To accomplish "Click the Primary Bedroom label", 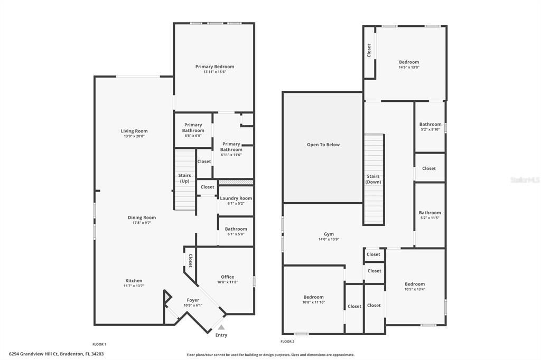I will click(x=214, y=67).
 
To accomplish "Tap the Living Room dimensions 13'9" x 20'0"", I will click(x=134, y=136).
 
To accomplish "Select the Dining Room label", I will click(x=142, y=217).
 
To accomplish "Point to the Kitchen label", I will click(x=134, y=281).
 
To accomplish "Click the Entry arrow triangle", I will click(x=221, y=327).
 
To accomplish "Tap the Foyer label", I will click(x=193, y=300).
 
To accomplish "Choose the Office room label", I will click(x=227, y=277).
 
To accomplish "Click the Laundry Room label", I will click(x=236, y=198).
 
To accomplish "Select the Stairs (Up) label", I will click(x=184, y=178).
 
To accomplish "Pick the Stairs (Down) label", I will click(x=374, y=179).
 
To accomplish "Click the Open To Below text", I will click(x=323, y=145).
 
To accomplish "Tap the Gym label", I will click(x=329, y=234).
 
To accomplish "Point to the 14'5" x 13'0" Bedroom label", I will click(x=408, y=62).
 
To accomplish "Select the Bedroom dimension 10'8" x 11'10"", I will click(x=313, y=302).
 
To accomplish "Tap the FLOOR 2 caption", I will click(x=288, y=342).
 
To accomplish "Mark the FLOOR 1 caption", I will click(x=99, y=344).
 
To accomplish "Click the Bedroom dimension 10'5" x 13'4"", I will click(x=414, y=289).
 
